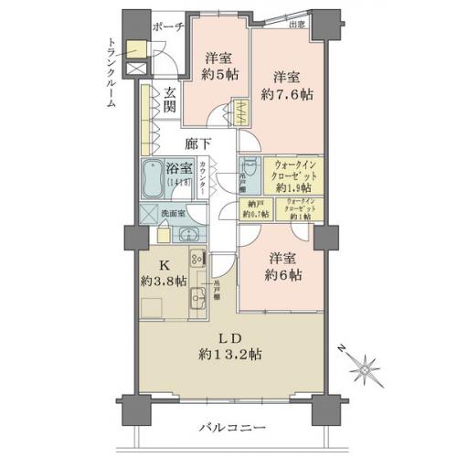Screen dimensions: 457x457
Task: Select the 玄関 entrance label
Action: point(171,100)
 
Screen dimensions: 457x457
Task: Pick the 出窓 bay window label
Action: point(297,26)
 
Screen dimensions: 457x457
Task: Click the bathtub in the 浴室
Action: point(153,176)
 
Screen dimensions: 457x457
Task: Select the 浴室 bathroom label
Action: point(179,169)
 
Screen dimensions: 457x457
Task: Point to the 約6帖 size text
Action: point(280,273)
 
